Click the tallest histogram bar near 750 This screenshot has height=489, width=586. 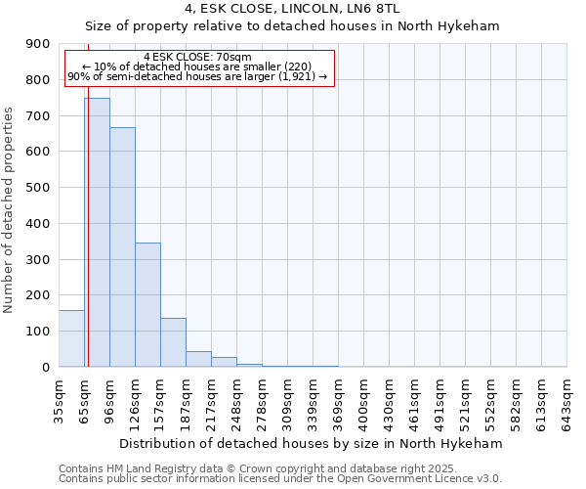click(97, 233)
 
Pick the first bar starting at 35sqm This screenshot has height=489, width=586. click(71, 338)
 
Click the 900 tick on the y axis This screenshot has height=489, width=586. click(39, 44)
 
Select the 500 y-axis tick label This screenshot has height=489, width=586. click(39, 188)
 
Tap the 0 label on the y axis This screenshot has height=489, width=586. click(46, 368)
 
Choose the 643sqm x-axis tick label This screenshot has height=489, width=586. click(567, 400)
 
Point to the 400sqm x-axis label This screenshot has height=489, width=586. click(364, 400)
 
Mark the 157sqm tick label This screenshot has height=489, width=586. click(161, 400)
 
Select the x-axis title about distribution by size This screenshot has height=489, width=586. click(313, 443)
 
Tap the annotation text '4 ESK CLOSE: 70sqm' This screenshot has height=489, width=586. click(197, 58)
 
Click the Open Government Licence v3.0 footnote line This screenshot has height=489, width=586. click(280, 479)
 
